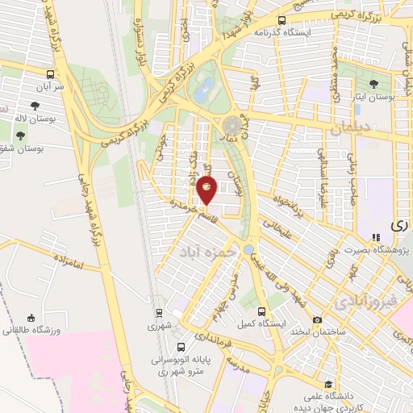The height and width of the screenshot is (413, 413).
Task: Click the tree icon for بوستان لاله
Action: (34, 105)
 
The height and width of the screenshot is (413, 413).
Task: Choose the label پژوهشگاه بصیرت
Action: (382, 249)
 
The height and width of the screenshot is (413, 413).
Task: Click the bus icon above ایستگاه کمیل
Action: (261, 311)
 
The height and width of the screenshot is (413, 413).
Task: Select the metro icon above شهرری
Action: (159, 313)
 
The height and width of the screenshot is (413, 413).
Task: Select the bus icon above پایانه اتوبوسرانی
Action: (190, 337)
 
